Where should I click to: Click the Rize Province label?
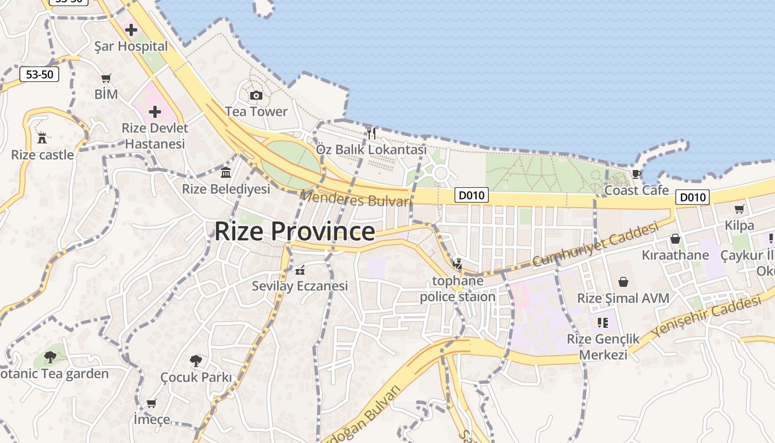[x=294, y=231]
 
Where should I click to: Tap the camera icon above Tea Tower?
[x=256, y=95]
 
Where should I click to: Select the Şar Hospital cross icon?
[x=131, y=30]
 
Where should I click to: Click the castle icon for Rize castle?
[x=42, y=138]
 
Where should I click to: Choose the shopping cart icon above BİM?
[x=106, y=79]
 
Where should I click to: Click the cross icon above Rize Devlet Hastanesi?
[x=155, y=112]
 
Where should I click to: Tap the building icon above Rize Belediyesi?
[x=226, y=173]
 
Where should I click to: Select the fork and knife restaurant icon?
[x=371, y=133]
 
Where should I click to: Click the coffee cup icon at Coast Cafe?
[x=636, y=174]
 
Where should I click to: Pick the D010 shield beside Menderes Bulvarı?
[x=472, y=195]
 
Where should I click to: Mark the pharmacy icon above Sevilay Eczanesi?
[x=300, y=270]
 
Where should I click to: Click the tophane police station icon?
[x=457, y=264]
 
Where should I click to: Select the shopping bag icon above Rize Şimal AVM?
[x=623, y=282]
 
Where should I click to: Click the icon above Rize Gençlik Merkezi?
[x=603, y=322]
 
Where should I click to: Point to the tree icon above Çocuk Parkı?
[x=195, y=361]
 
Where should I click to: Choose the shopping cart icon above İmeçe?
[x=151, y=403]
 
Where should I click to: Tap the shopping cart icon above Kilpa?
[x=739, y=209]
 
